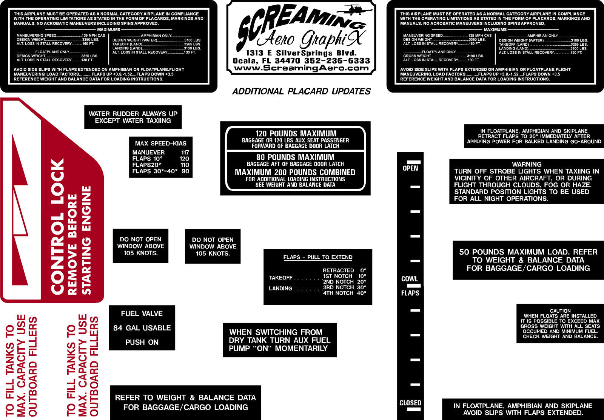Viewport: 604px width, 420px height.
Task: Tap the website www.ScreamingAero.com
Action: [301, 68]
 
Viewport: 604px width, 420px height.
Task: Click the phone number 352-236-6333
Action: [337, 61]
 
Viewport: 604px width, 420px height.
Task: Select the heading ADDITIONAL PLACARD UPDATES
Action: [302, 91]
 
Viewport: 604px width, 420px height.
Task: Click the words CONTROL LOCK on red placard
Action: [57, 227]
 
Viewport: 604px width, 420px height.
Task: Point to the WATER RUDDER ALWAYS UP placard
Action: [133, 117]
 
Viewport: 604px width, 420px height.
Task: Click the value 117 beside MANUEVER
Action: [185, 153]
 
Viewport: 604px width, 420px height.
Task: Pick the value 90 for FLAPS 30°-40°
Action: [185, 171]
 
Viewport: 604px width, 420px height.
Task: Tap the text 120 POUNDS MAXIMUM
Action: [296, 134]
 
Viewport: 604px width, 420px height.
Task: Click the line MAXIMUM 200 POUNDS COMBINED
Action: [295, 172]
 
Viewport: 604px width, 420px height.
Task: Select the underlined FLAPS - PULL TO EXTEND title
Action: [317, 257]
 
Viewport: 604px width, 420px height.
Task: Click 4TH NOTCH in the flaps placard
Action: [338, 293]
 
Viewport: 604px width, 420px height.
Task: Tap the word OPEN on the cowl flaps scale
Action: [410, 168]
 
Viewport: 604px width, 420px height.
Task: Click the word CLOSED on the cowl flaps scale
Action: [410, 403]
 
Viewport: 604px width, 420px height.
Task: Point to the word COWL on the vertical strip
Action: [410, 279]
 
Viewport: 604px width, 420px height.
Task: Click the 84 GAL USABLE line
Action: [142, 328]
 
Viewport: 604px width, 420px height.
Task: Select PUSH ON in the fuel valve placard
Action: [142, 342]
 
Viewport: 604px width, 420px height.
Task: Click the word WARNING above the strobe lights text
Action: [527, 164]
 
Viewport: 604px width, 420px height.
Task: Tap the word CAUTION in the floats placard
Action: [560, 311]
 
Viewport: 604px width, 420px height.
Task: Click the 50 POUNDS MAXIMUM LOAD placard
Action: [528, 260]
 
